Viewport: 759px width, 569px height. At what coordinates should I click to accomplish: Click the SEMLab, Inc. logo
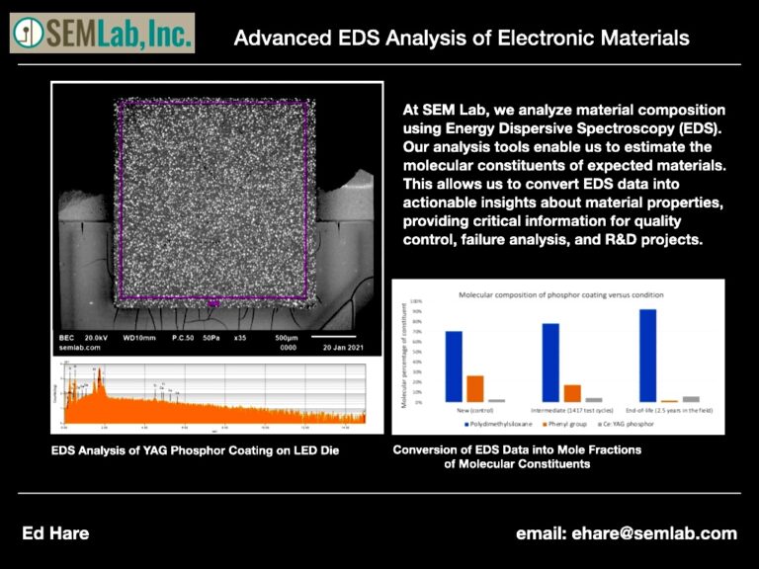(x=102, y=33)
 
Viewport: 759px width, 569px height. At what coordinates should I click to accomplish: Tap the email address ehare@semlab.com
(x=626, y=533)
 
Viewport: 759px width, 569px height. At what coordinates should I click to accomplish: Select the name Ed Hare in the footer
(x=55, y=533)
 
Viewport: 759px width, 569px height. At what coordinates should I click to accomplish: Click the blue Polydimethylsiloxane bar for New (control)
(x=454, y=366)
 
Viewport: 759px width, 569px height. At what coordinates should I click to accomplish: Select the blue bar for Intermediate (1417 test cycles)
(x=550, y=363)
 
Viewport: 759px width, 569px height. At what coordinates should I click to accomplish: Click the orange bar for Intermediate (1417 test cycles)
(x=572, y=393)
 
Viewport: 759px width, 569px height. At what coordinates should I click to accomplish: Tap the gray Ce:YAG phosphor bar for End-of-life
(x=691, y=399)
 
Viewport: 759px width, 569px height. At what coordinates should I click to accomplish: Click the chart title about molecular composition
(x=562, y=294)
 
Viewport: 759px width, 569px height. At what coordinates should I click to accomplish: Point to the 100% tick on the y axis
(x=416, y=301)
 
